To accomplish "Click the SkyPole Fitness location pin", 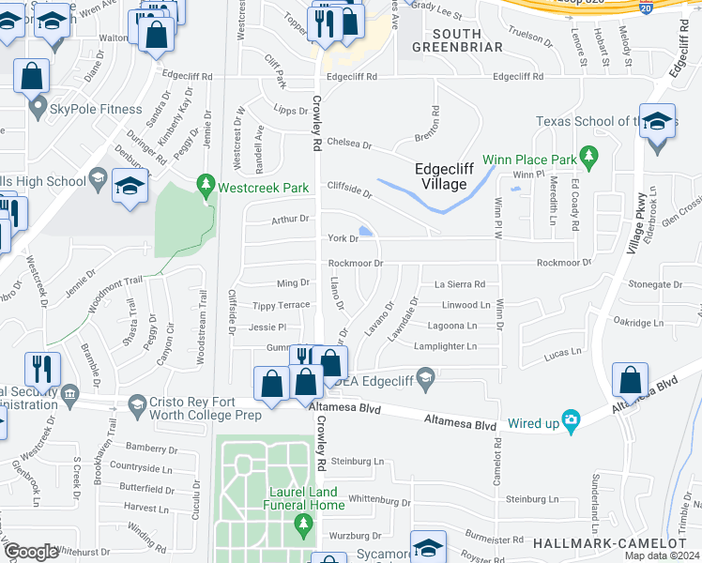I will click(x=38, y=109).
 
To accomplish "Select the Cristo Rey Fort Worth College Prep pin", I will click(x=137, y=403).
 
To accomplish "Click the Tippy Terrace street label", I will click(x=282, y=306).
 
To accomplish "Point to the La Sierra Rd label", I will click(x=459, y=284).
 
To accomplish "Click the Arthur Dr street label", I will click(x=290, y=219).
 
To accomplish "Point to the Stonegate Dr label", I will click(x=655, y=284).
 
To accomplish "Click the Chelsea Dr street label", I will click(x=349, y=145).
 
